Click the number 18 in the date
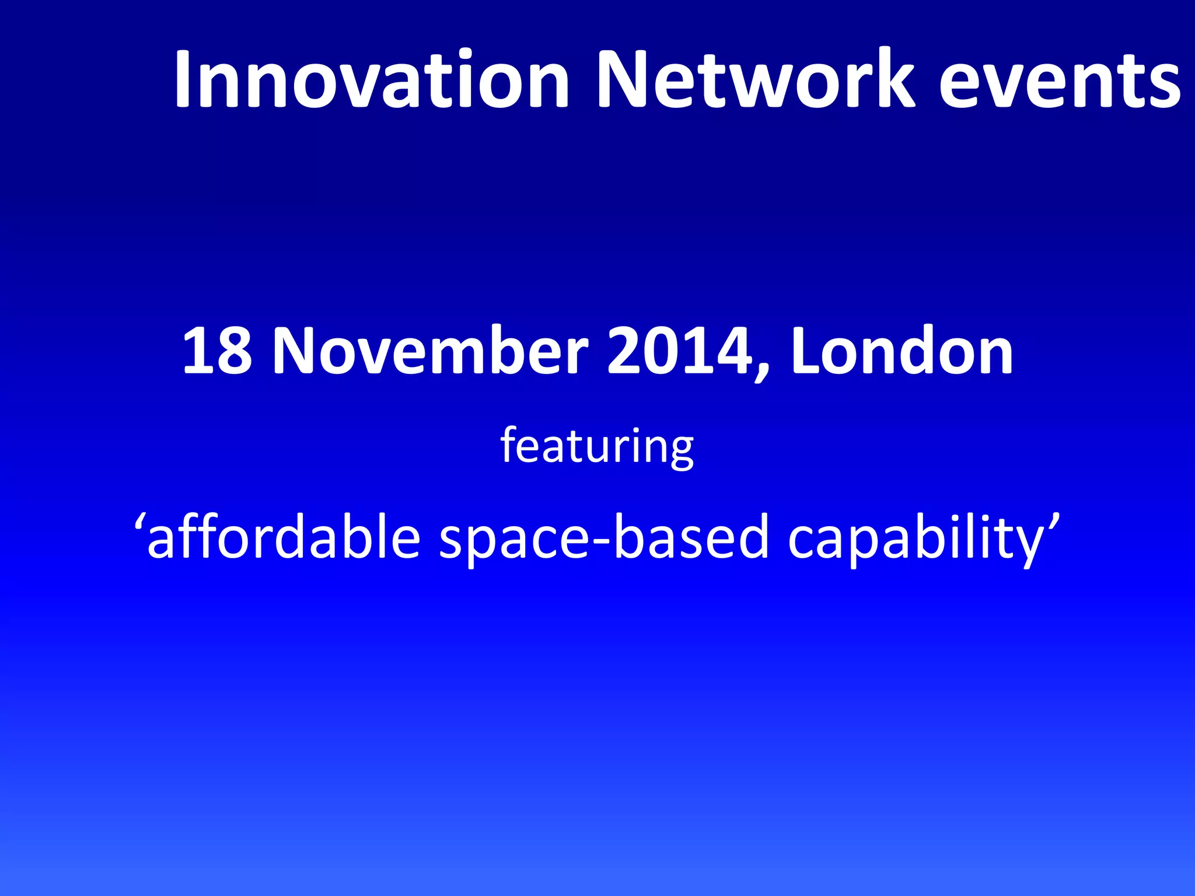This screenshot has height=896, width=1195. (x=216, y=351)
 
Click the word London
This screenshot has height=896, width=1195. (x=902, y=351)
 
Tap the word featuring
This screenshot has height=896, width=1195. (x=597, y=447)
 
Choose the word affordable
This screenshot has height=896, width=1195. (x=284, y=537)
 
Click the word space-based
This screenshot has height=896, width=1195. (x=604, y=537)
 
